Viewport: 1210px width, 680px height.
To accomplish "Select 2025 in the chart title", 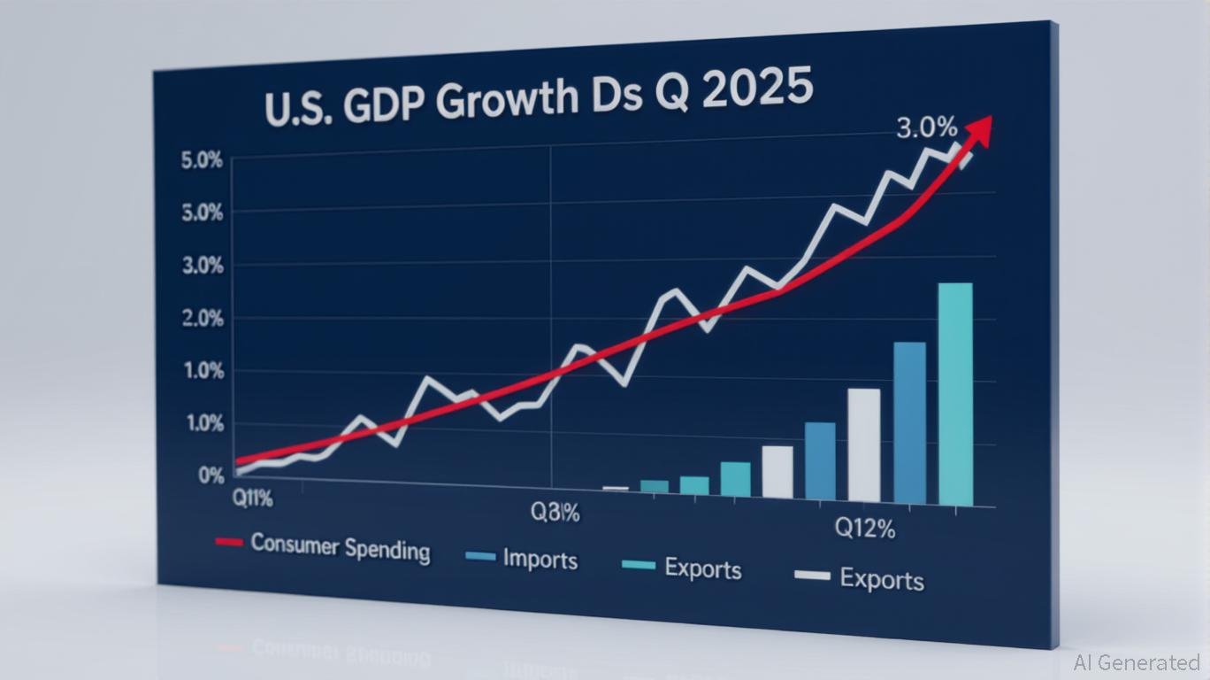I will [760, 90].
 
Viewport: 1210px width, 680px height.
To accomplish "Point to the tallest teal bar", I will [954, 394].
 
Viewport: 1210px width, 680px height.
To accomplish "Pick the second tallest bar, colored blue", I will [909, 423].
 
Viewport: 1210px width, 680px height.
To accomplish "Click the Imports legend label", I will [540, 560].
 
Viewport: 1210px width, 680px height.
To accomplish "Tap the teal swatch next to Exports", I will [639, 565].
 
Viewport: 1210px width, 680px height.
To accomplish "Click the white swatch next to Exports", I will [812, 576].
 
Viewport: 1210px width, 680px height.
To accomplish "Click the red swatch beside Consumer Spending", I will [229, 540].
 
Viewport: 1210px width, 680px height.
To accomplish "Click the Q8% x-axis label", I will [555, 512].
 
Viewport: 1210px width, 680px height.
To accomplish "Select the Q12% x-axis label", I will [865, 529].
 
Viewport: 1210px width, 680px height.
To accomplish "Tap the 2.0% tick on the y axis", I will [202, 319].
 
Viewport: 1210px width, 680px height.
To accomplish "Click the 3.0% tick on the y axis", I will [202, 267].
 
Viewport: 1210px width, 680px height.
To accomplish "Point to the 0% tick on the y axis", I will [211, 475].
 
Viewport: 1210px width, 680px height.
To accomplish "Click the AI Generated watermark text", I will [1137, 662].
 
